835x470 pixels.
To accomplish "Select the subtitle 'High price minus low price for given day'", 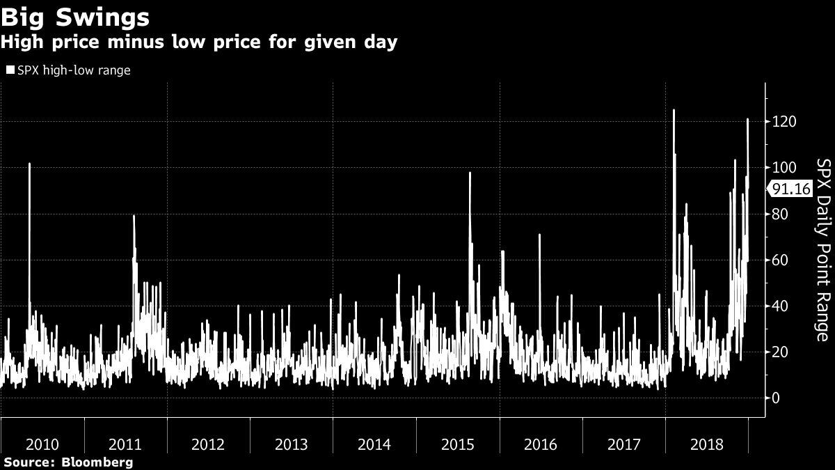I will pos(199,42).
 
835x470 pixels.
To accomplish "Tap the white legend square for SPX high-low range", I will pos(10,70).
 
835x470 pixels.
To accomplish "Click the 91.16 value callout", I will pos(790,189).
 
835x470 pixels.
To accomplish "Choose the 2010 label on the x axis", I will pos(42,444).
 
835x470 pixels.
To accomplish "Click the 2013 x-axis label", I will pos(291,444).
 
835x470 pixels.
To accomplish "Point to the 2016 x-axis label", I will pos(540,444).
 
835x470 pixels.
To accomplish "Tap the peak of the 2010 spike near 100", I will pos(29,164).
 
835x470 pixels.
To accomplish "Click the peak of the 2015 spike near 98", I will pos(470,173).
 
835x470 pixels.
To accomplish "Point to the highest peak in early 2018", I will pos(674,110).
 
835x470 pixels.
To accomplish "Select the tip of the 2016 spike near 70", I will pos(539,235).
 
